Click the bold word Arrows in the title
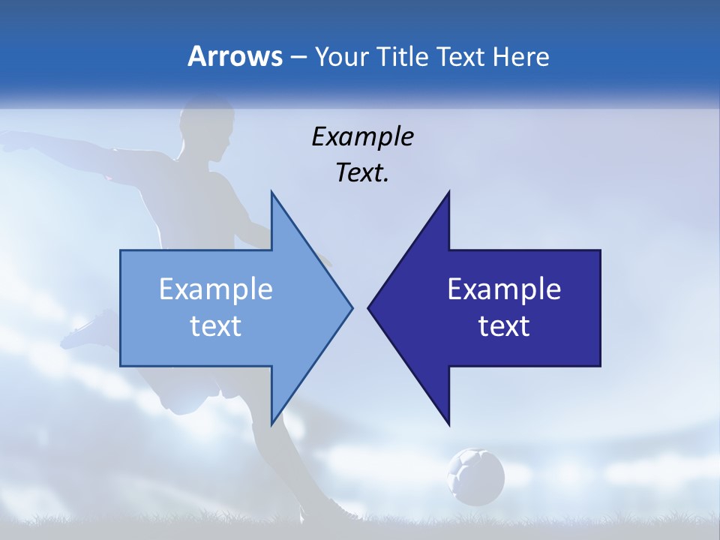[x=235, y=56]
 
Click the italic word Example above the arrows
[x=362, y=136]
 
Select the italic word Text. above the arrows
[x=362, y=172]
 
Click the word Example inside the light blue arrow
[x=216, y=289]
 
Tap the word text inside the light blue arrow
[x=216, y=325]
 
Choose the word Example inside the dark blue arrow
[x=504, y=289]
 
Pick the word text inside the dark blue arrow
[x=504, y=325]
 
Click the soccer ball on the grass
[x=475, y=475]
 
